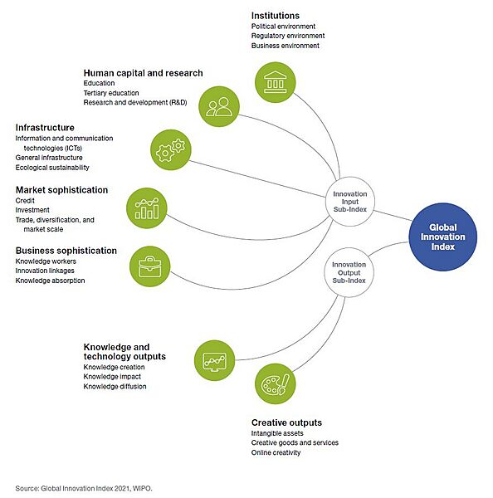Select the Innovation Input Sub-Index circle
(x=349, y=198)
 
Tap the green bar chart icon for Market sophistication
(x=146, y=207)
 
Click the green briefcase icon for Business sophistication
(x=150, y=266)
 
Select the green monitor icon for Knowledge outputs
(x=213, y=359)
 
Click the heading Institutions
(x=276, y=15)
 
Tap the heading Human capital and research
(x=143, y=73)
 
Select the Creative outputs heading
(x=286, y=422)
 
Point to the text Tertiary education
(x=111, y=93)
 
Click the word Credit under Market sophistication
(x=26, y=201)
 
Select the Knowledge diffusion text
(x=115, y=386)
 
